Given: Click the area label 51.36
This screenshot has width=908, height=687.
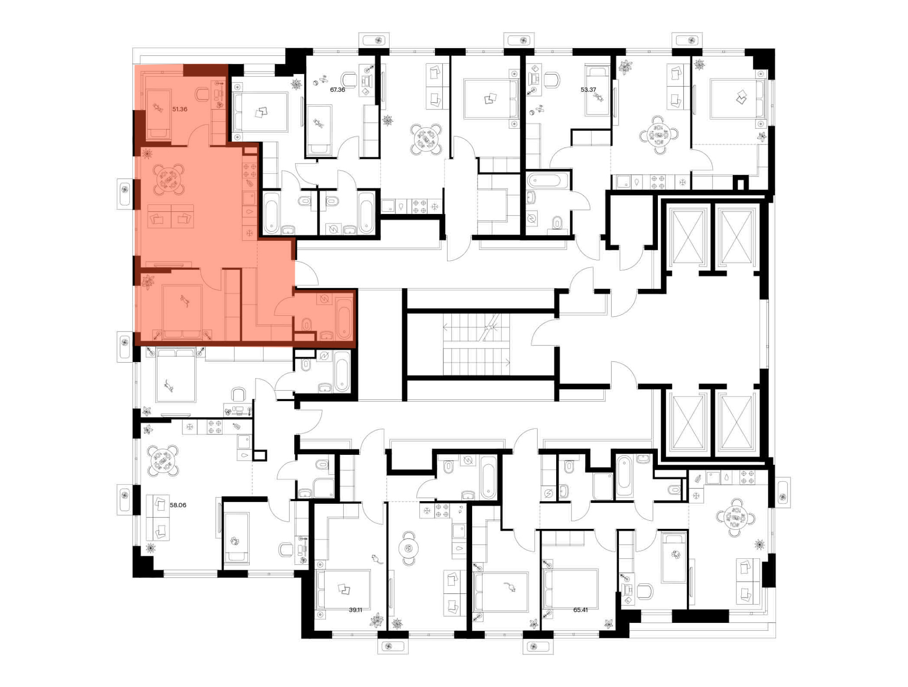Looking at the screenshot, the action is tap(180, 109).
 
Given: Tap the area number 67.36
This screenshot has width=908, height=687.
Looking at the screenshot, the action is tap(337, 90).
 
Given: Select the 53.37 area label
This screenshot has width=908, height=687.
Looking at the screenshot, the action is tap(588, 90).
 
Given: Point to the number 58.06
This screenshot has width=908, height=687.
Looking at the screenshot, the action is tap(178, 505).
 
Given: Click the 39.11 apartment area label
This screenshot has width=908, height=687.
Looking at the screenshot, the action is tap(355, 610).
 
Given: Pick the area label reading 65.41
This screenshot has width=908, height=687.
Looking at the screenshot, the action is tap(581, 610).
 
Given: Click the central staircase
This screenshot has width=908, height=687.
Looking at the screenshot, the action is tap(476, 344).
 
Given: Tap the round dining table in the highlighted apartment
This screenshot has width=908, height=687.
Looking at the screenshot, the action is tap(168, 179).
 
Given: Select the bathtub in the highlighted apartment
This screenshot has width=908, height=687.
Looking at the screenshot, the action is tap(344, 317).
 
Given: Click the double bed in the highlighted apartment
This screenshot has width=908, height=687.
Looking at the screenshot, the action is tap(182, 313).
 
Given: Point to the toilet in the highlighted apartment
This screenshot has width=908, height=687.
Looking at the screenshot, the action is tap(307, 324).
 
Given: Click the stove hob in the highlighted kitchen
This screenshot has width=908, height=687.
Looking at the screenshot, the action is tap(250, 171).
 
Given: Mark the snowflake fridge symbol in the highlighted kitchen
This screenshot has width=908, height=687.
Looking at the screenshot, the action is tap(249, 234).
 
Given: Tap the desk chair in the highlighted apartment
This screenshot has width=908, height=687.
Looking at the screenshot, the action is tap(202, 95).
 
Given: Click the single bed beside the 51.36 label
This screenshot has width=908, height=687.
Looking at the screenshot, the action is tap(158, 114).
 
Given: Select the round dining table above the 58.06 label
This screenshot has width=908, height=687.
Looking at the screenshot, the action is tap(163, 460).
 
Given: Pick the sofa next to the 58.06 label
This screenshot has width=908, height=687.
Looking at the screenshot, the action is tap(158, 518).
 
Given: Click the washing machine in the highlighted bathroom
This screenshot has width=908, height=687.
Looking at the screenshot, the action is tap(324, 299).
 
